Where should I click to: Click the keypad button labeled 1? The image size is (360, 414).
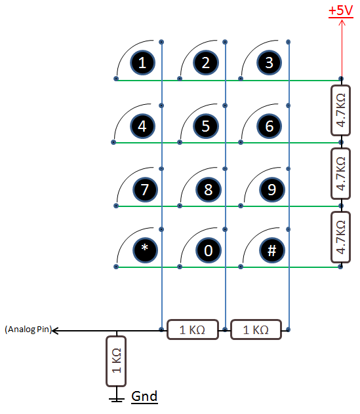142,63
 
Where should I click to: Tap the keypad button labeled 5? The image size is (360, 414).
206,126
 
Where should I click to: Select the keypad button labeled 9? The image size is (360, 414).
272,189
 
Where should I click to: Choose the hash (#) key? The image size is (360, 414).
272,250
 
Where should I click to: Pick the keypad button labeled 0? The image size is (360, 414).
209,250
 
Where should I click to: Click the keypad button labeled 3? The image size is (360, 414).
270,63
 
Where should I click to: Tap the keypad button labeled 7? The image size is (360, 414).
145,189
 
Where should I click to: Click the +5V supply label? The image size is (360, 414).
341,11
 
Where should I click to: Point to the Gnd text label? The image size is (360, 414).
144,396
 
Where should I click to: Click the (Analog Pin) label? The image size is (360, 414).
28,329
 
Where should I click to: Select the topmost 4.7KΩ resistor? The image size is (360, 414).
341,110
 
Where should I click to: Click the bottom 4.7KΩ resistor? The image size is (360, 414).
341,237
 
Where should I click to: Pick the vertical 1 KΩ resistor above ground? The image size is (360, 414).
116,361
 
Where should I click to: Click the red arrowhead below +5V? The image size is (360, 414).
342,23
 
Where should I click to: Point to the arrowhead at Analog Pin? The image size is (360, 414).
54,331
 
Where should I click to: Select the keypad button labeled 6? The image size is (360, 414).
270,126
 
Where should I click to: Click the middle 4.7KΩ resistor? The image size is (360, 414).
341,174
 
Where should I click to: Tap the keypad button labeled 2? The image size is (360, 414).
206,63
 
